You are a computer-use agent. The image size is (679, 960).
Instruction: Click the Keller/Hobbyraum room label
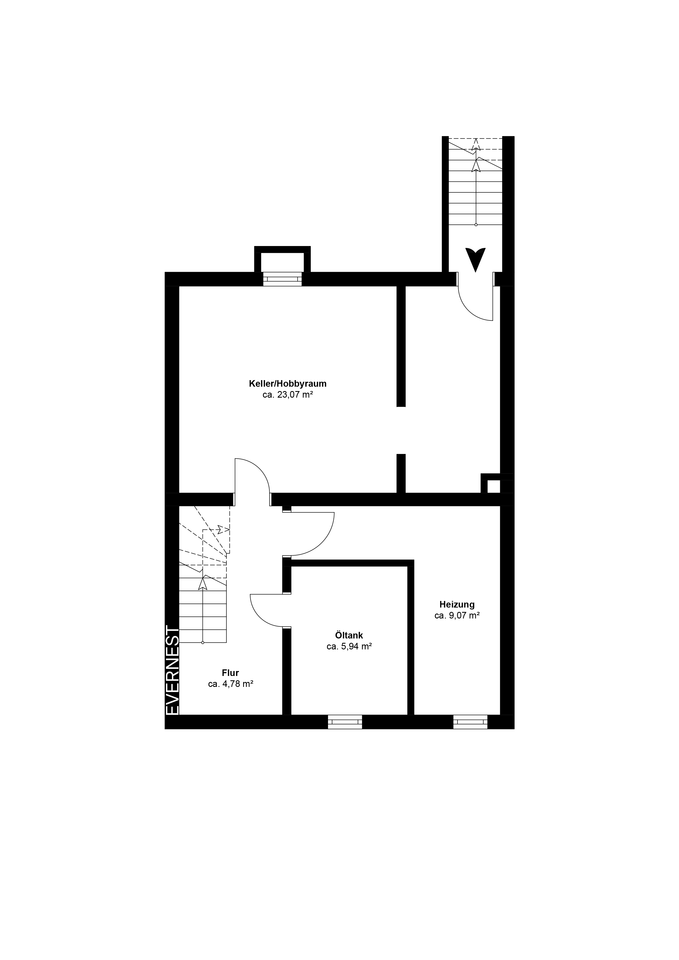(287, 383)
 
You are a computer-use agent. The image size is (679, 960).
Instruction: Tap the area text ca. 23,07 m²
(288, 395)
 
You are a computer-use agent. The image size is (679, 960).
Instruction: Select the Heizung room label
(457, 605)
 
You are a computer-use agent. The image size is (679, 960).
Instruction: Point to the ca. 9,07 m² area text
(457, 615)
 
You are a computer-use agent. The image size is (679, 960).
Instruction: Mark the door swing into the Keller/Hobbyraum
(261, 469)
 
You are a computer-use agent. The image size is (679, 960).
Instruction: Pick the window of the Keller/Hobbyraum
(282, 279)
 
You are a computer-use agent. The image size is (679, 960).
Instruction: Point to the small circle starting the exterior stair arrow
(476, 225)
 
